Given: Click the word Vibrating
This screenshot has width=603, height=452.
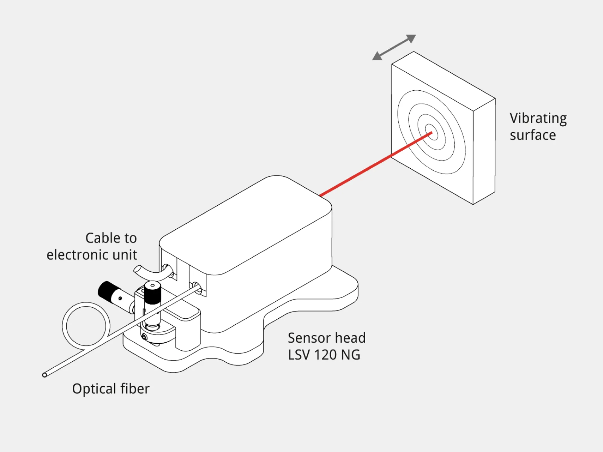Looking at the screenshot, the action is [x=538, y=119].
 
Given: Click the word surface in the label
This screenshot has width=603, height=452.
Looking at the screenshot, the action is [x=533, y=135].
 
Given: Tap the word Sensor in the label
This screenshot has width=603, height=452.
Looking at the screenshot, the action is [x=309, y=338].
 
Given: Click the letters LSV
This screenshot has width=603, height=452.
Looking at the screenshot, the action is [x=299, y=355].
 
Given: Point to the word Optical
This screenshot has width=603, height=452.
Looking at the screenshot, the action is [x=94, y=389].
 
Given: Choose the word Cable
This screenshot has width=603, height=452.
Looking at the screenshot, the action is [x=103, y=238].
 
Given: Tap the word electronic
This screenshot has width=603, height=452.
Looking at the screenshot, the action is [x=78, y=255].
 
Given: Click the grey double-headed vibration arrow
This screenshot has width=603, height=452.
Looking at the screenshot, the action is [x=394, y=47].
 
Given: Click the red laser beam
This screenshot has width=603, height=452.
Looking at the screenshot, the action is [x=375, y=164].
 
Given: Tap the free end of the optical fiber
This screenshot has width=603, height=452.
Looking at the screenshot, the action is [x=45, y=375].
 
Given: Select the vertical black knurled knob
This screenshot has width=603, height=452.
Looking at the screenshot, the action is [x=153, y=292].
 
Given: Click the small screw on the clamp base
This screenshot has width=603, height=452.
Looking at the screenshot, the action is [x=144, y=337].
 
